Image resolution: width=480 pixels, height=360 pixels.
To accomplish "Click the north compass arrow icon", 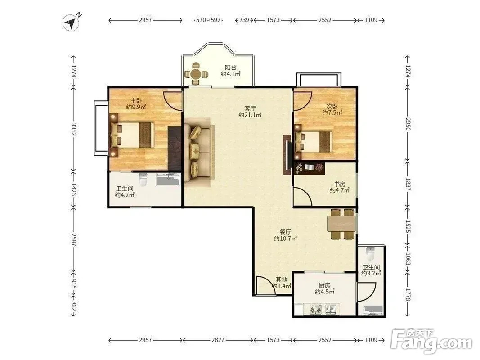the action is pyautogui.click(x=72, y=22).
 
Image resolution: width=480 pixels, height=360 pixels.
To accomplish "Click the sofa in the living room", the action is pyautogui.click(x=197, y=153).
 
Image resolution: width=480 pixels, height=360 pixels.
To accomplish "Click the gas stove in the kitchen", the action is pyautogui.click(x=316, y=309).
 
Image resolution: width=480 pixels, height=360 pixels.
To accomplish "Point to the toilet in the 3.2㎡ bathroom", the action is pyautogui.click(x=370, y=253).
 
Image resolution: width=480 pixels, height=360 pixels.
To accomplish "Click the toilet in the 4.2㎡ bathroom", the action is pyautogui.click(x=143, y=180).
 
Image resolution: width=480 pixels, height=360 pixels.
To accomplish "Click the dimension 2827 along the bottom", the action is pyautogui.click(x=218, y=340).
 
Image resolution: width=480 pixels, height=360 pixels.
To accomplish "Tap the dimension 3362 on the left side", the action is pyautogui.click(x=74, y=129).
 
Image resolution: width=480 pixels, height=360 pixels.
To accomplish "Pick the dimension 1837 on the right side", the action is pyautogui.click(x=408, y=184).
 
